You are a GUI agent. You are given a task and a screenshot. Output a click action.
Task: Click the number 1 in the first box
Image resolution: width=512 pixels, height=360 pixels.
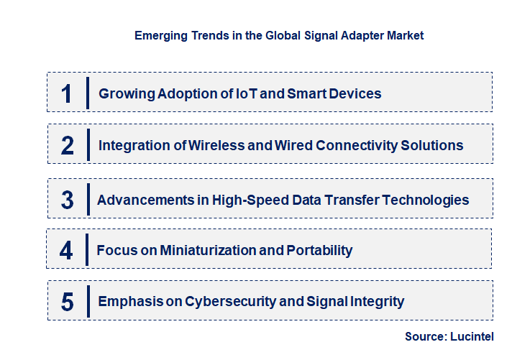[67, 93]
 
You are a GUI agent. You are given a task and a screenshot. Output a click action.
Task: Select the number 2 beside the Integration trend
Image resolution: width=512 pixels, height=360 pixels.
[68, 146]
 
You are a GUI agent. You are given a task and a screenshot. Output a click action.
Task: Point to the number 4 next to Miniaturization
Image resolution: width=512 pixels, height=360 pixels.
[67, 250]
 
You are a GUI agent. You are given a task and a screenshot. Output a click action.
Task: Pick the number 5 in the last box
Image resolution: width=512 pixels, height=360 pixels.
[68, 302]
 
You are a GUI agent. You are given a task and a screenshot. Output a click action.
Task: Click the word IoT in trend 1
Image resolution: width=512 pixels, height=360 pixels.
[247, 93]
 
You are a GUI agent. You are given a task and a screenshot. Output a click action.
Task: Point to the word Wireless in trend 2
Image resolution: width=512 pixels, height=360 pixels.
[214, 145]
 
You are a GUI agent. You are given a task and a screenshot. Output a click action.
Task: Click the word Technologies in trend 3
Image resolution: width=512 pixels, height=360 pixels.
[429, 200]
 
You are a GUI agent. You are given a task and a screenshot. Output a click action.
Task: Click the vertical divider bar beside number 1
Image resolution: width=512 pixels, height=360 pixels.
[87, 93]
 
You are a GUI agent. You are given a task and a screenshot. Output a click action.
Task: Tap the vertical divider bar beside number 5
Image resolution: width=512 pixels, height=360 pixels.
[87, 300]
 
